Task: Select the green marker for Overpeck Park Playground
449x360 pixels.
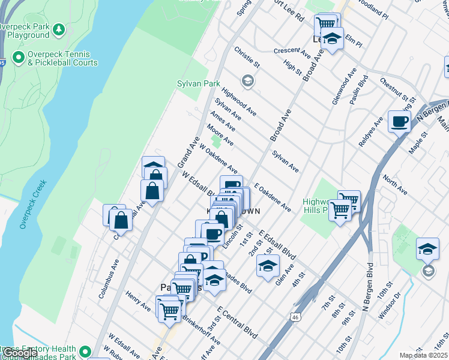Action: point(59,29)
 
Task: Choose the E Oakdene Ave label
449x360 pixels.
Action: point(273,197)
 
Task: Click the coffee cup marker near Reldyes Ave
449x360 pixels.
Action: point(399,122)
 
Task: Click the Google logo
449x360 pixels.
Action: point(19,353)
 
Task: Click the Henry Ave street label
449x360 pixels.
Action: point(138,301)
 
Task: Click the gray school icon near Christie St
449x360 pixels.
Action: point(247,80)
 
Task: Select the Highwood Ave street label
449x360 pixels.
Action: point(238,101)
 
